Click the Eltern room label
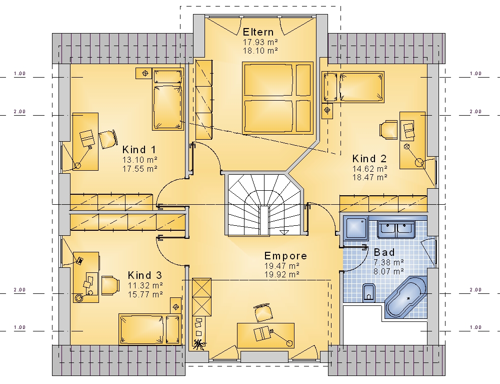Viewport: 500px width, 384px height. coord(258,32)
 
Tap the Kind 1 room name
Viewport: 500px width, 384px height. coord(139,149)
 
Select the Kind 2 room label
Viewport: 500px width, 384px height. coord(369,158)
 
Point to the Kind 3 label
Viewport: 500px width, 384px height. coord(145,275)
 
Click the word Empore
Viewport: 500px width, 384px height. coord(285,256)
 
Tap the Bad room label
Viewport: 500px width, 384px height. coord(384,252)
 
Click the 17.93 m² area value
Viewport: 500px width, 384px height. coord(260,42)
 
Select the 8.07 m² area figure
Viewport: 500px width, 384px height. coord(388,271)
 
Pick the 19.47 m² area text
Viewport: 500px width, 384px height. coord(281,265)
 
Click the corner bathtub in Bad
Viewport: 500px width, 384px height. coord(406,297)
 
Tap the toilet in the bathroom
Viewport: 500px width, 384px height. coord(369,292)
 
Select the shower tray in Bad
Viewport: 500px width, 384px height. coord(356,228)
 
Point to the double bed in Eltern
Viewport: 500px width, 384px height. coord(277,98)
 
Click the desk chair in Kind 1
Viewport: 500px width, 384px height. coord(108,140)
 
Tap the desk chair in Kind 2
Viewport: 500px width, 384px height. coord(388,130)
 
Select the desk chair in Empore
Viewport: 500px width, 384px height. coord(263,313)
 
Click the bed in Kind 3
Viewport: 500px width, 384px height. coord(150,329)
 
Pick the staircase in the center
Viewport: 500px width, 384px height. coord(265,205)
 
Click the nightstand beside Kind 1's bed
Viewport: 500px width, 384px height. coord(144,73)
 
